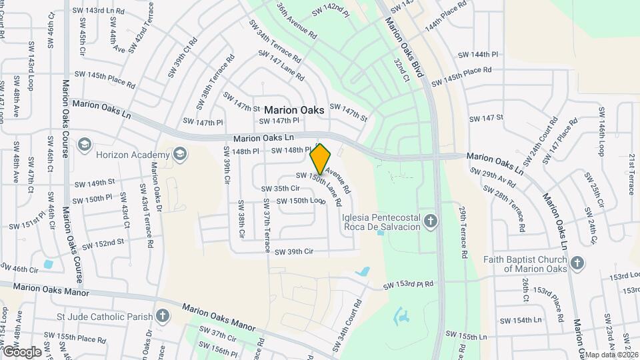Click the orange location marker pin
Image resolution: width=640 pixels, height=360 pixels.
point(321,159)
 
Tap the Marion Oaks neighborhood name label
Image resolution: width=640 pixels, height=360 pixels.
point(294,110)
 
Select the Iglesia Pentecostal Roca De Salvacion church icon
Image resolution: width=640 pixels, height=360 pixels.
point(431,221)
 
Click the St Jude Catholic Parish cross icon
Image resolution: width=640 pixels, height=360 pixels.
point(162,315)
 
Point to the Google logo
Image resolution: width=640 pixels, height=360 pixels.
point(21,352)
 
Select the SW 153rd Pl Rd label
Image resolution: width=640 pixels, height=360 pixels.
point(408,285)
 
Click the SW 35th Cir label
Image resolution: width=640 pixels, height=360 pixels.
point(280,189)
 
